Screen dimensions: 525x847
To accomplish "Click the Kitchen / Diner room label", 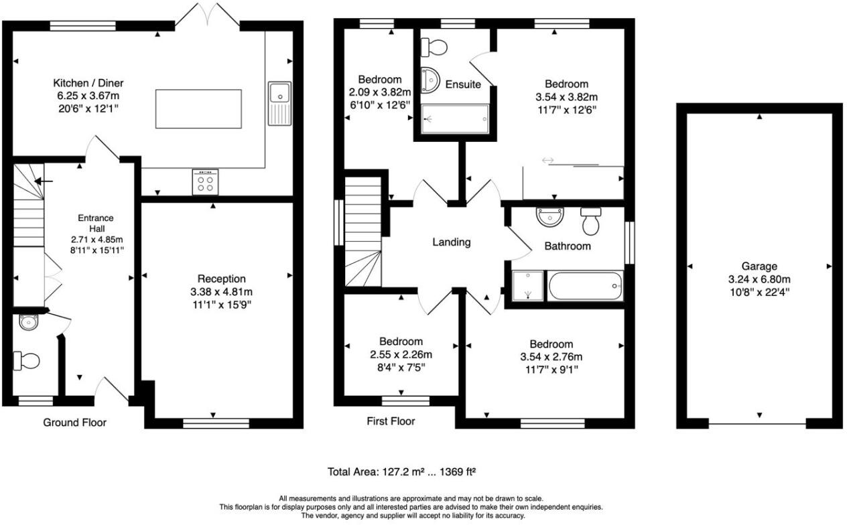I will click(88, 83).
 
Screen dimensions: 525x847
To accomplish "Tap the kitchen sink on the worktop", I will click(278, 94).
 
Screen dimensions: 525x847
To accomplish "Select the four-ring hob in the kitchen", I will click(205, 181).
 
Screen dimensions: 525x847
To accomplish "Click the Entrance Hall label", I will click(96, 218).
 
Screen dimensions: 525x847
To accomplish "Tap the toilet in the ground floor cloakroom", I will click(27, 361).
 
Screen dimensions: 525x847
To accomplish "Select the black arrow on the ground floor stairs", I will click(45, 181).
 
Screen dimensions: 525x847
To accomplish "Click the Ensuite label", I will click(463, 84).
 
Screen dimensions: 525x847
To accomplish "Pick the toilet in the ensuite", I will click(434, 47).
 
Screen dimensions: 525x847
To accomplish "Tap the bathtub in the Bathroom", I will click(586, 287).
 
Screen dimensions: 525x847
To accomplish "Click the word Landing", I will click(451, 242).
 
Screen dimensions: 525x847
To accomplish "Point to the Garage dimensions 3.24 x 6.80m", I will click(759, 279).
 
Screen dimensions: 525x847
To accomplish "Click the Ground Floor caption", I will click(74, 423).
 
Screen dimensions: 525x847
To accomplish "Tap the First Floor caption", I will click(391, 421).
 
